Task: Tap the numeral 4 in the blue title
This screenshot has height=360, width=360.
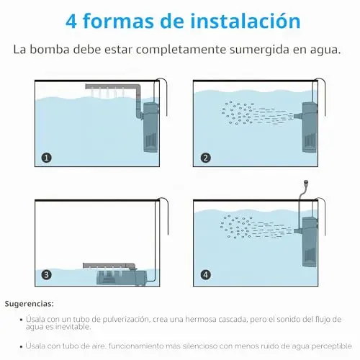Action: point(71,22)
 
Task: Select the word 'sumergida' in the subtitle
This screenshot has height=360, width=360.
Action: point(259,50)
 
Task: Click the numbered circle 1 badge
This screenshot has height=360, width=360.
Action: point(46,158)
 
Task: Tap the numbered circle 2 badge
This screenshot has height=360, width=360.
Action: point(205,158)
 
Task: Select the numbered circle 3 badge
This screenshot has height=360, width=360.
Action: point(46,274)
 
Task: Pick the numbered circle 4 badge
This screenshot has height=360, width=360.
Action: point(205,274)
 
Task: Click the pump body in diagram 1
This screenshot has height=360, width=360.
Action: point(150,127)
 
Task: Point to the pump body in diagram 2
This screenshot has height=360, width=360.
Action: point(310,127)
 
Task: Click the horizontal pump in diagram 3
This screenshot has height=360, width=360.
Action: point(121,278)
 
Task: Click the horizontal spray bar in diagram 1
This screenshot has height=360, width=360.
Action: point(111,86)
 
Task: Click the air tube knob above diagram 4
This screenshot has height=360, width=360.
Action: point(305,183)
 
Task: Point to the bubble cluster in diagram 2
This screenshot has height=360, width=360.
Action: point(238,113)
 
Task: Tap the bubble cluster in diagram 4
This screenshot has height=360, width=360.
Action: point(236,227)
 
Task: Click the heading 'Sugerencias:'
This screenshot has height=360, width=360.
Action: point(29,304)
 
